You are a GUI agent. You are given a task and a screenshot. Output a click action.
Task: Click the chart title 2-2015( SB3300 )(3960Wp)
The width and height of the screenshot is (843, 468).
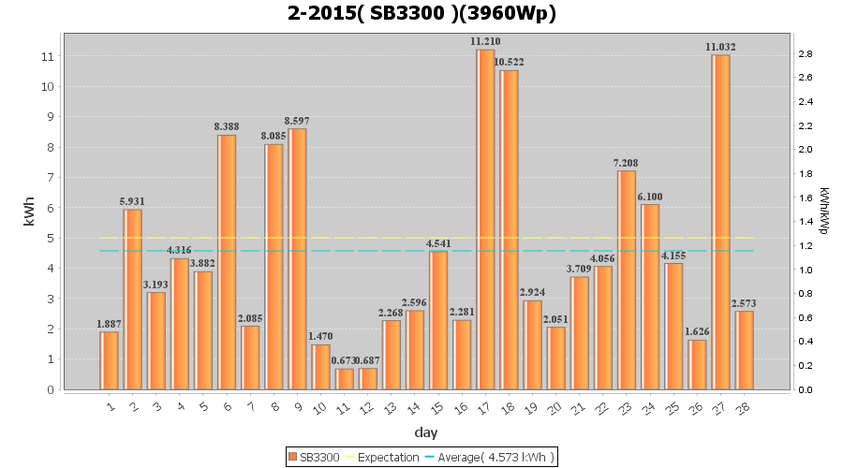coord(421,14)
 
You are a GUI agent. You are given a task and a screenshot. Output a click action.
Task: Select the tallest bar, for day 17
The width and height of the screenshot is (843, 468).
coord(485,219)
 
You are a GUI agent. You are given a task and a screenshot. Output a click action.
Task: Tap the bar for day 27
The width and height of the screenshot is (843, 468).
coord(719,222)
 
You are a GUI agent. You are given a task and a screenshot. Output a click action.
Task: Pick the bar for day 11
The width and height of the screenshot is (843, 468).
coord(344,379)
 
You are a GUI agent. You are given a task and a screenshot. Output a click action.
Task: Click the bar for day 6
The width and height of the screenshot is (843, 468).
coord(227,262)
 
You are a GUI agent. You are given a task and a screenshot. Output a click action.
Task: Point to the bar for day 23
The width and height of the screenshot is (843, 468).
coord(626,280)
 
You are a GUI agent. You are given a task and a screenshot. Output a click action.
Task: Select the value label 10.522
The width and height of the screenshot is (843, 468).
coord(509,63)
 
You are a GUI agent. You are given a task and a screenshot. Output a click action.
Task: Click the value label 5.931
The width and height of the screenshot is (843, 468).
coord(133,201)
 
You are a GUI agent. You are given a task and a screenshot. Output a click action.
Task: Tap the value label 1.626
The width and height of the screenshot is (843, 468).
coord(696,331)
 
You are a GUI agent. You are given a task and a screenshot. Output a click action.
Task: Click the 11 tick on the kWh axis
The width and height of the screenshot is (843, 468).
coord(48,56)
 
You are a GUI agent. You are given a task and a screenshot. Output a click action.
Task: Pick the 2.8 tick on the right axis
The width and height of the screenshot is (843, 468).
coord(805,53)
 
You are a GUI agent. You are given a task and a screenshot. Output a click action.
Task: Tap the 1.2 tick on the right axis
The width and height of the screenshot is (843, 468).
coord(805,246)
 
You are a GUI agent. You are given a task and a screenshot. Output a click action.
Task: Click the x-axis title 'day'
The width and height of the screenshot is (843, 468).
coord(426,432)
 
